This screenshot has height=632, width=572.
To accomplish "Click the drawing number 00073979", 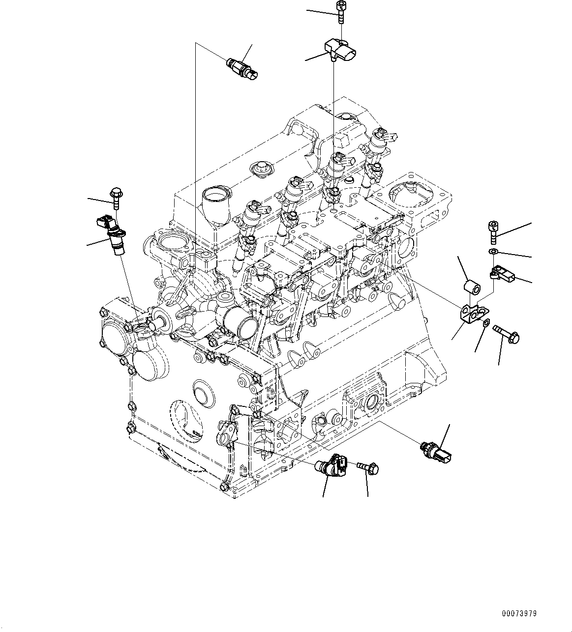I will coord(519,614).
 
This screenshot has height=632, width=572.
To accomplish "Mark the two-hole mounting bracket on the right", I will coord(472,313).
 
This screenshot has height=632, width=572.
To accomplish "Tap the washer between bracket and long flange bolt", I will coord(486,323).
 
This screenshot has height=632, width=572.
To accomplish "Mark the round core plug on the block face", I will coord(202,391).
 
